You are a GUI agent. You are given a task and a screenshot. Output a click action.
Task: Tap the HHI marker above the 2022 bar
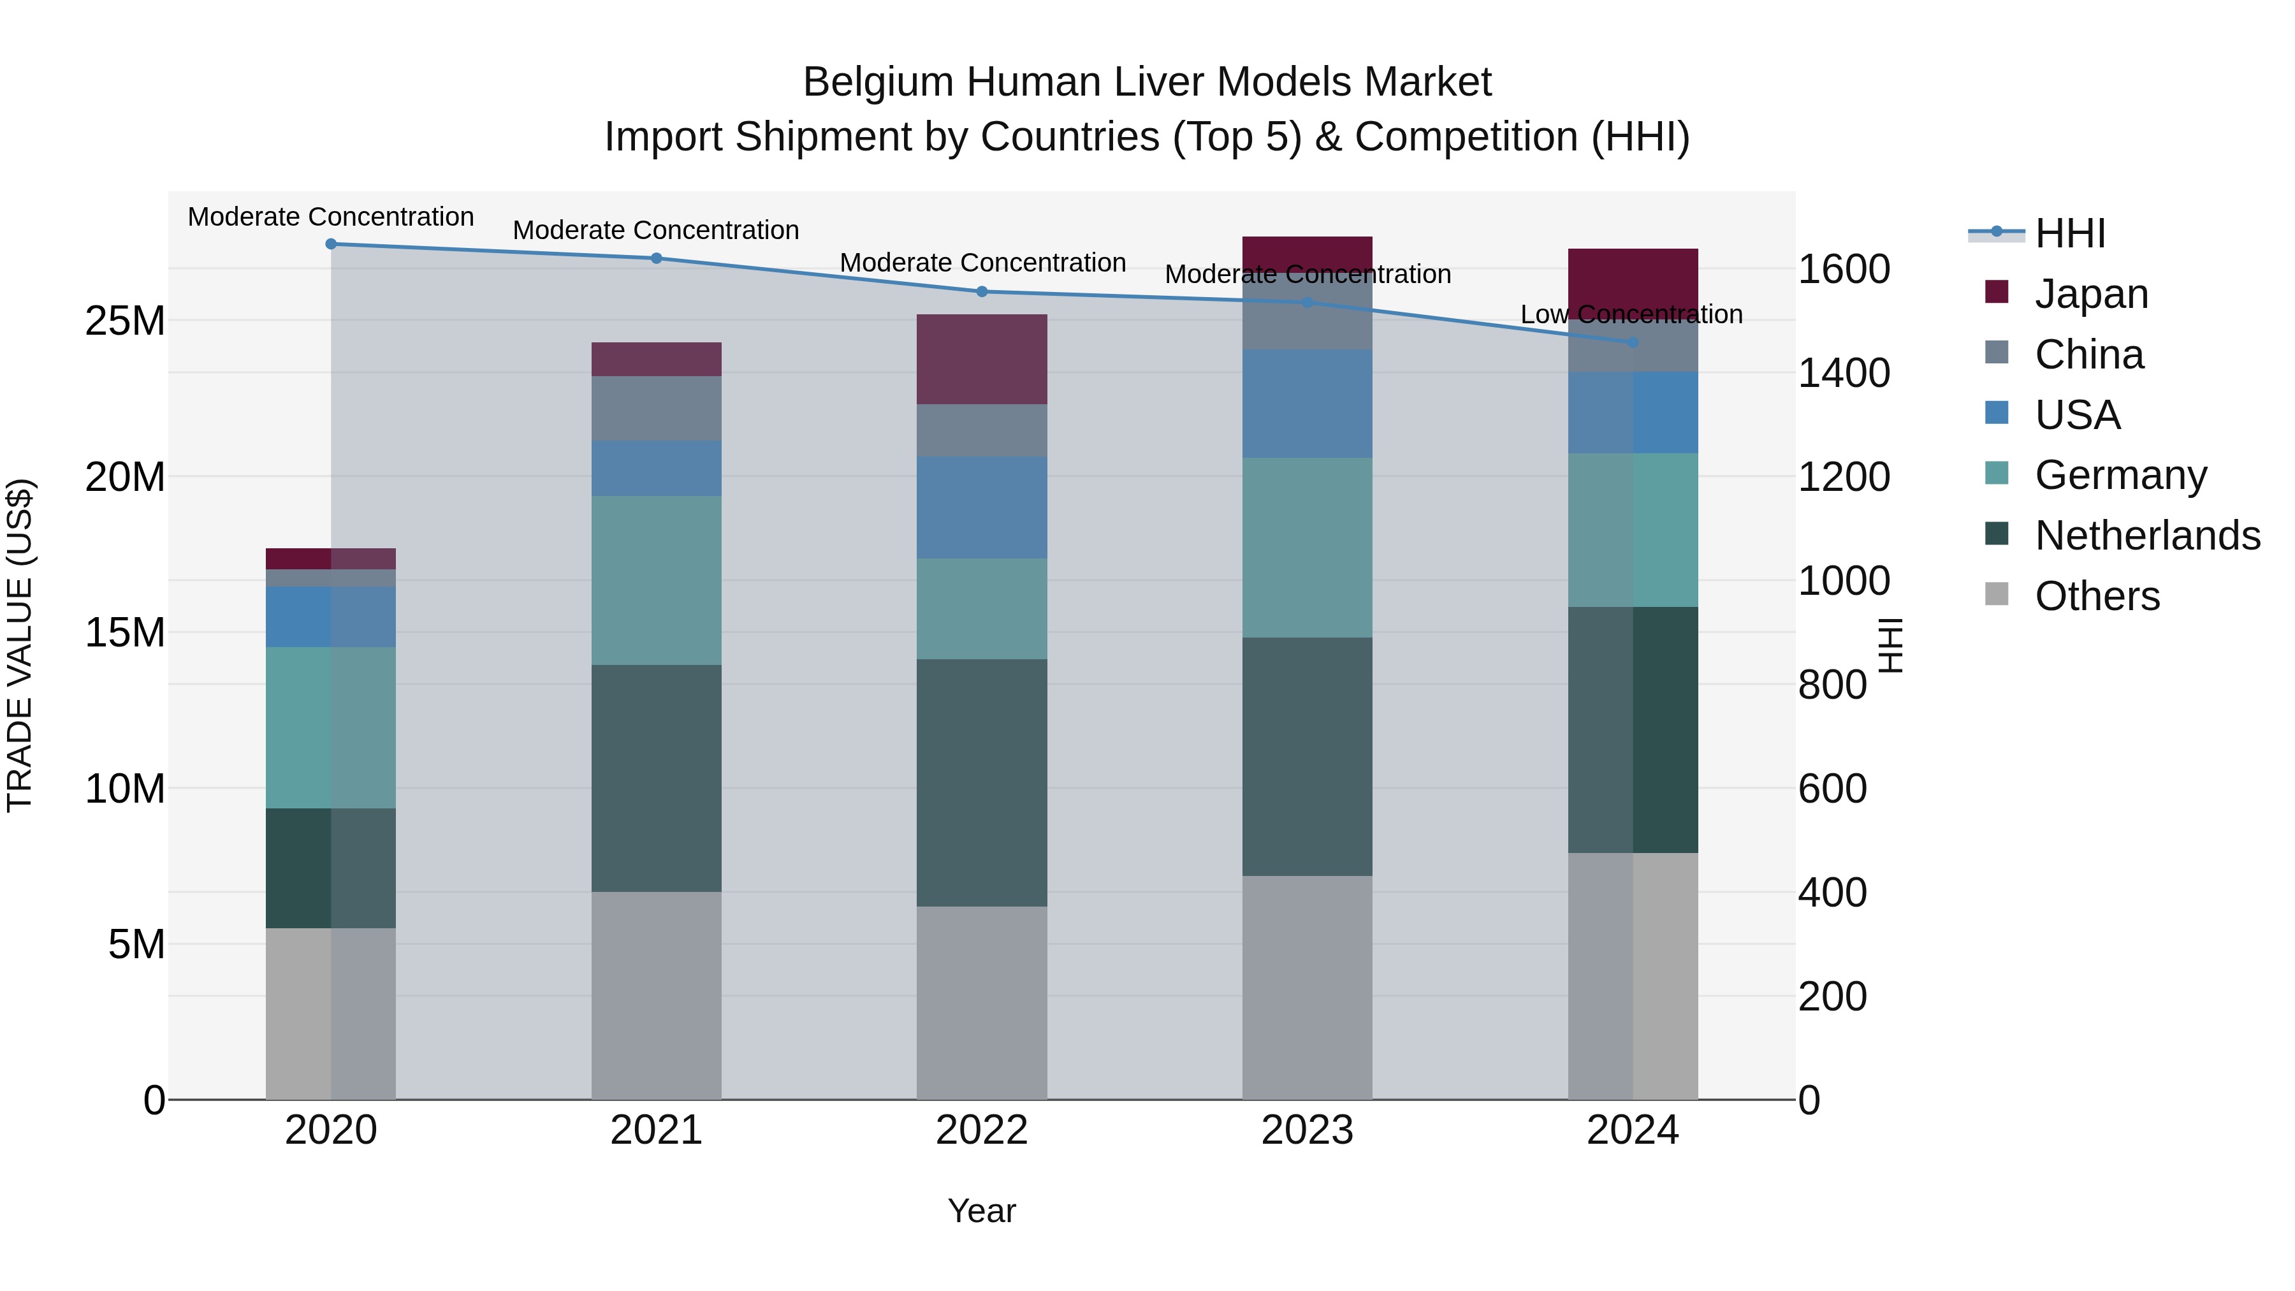coord(982,291)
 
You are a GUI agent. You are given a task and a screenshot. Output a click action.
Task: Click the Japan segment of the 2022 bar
coord(982,359)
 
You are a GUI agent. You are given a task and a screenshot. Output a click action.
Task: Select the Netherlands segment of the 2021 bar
coord(656,778)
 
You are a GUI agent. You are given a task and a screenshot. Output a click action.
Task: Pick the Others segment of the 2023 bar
coord(1307,987)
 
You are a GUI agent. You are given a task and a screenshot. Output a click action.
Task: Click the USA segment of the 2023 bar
coord(1307,404)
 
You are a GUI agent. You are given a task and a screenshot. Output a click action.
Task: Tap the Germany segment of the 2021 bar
coord(656,580)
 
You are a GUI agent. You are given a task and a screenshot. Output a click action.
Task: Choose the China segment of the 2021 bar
coord(656,408)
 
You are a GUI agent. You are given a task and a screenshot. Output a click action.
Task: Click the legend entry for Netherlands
coord(2147,536)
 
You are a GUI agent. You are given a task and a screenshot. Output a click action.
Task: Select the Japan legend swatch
coord(1997,292)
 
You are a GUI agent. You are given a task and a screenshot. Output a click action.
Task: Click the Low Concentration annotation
coord(1631,314)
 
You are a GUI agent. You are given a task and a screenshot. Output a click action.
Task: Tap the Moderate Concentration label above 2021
coord(656,230)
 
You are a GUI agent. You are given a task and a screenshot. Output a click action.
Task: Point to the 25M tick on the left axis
coord(125,321)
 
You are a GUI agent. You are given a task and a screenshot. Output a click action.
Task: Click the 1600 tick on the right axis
coord(1843,269)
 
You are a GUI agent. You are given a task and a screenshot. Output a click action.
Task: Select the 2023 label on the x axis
coord(1307,1130)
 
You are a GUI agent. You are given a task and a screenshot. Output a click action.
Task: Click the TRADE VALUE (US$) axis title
coord(20,645)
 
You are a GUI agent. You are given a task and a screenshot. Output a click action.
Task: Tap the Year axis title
coord(982,1211)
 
